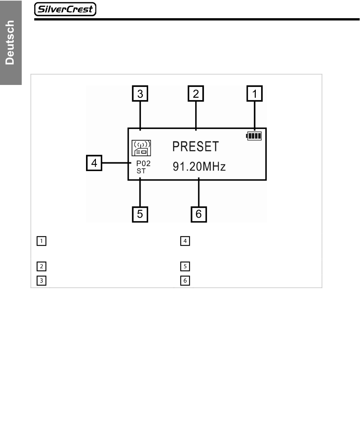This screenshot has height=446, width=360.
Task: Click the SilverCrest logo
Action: click(65, 9)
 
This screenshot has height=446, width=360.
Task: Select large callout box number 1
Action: click(255, 94)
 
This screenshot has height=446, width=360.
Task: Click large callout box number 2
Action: click(196, 94)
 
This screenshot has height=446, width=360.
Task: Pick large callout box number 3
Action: click(140, 94)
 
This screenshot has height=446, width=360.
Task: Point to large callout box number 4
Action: click(94, 163)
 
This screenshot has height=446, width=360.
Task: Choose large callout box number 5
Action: click(140, 214)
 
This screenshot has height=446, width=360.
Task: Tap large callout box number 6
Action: click(198, 214)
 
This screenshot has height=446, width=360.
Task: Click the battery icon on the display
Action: click(254, 136)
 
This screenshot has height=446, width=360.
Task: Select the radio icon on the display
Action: click(141, 148)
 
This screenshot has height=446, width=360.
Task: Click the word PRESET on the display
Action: click(196, 146)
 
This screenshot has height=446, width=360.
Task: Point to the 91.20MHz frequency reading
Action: click(199, 166)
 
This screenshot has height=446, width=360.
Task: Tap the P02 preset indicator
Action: click(143, 164)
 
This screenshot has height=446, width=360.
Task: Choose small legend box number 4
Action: click(185, 241)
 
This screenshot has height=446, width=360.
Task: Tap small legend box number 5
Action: click(185, 266)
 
